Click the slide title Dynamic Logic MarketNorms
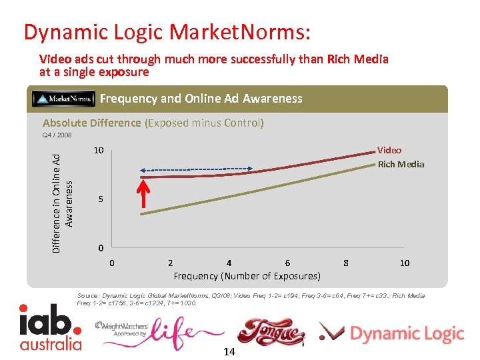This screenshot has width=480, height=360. pyautogui.click(x=167, y=31)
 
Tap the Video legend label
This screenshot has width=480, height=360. pyautogui.click(x=389, y=151)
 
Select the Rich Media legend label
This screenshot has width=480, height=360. pyautogui.click(x=401, y=165)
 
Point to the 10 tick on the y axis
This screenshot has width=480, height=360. pyautogui.click(x=98, y=151)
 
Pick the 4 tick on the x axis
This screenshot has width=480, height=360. pyautogui.click(x=229, y=263)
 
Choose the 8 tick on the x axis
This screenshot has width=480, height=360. pyautogui.click(x=346, y=263)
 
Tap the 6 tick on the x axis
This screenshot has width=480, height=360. pyautogui.click(x=287, y=263)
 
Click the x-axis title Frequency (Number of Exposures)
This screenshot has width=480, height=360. pyautogui.click(x=247, y=276)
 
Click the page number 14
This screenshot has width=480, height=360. pyautogui.click(x=229, y=351)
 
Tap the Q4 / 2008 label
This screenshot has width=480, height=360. pyautogui.click(x=57, y=135)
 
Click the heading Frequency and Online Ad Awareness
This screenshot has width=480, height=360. pyautogui.click(x=201, y=99)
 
